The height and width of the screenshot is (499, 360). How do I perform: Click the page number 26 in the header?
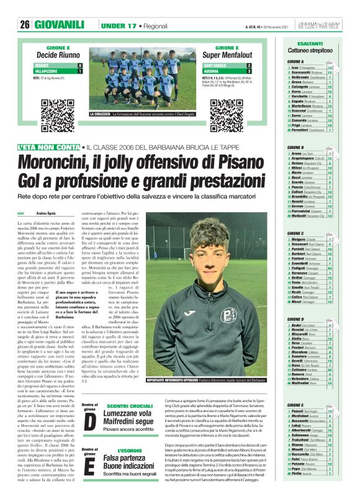click(x=25, y=25)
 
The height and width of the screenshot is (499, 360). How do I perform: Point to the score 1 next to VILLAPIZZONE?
click(x=79, y=71)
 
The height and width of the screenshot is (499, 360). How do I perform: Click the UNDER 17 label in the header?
click(x=111, y=25)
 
